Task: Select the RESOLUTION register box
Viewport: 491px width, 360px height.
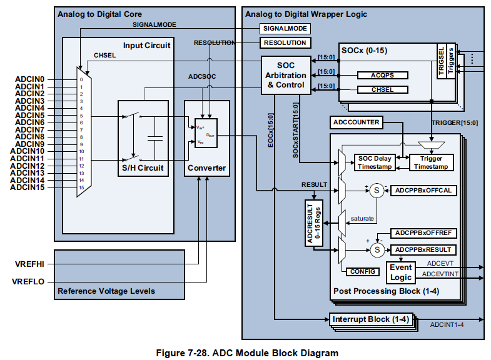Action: pos(285,43)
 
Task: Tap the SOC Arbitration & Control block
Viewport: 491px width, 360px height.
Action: pos(286,75)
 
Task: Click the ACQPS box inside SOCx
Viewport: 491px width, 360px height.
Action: pos(382,76)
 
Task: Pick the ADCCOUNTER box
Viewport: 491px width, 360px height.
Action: pos(356,122)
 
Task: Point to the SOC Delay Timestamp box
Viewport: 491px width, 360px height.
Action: pos(374,162)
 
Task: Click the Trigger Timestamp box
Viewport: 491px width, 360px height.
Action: pos(430,162)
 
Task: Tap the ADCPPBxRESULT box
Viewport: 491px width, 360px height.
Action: pos(423,249)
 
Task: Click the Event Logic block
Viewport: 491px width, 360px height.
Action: pos(401,272)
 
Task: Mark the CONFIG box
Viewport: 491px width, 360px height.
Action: pos(362,271)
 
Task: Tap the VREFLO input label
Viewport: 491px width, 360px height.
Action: pos(29,282)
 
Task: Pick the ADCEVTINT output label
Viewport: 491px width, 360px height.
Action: pos(440,274)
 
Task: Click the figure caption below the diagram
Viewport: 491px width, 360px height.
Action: pos(246,353)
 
